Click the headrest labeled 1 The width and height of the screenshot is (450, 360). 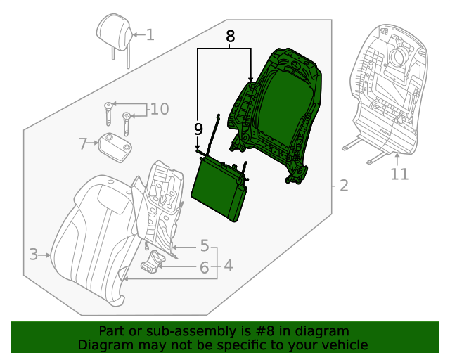[x=113, y=32]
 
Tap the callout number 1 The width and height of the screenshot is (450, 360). [x=150, y=34]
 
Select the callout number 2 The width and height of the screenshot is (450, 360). [x=343, y=186]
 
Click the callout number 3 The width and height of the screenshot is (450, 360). [x=33, y=255]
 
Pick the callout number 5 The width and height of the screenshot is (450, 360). [x=204, y=246]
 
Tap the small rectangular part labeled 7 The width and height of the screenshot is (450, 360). [x=115, y=146]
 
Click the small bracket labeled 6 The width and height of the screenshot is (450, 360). [x=153, y=264]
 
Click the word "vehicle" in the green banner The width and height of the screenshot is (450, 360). [x=344, y=345]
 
